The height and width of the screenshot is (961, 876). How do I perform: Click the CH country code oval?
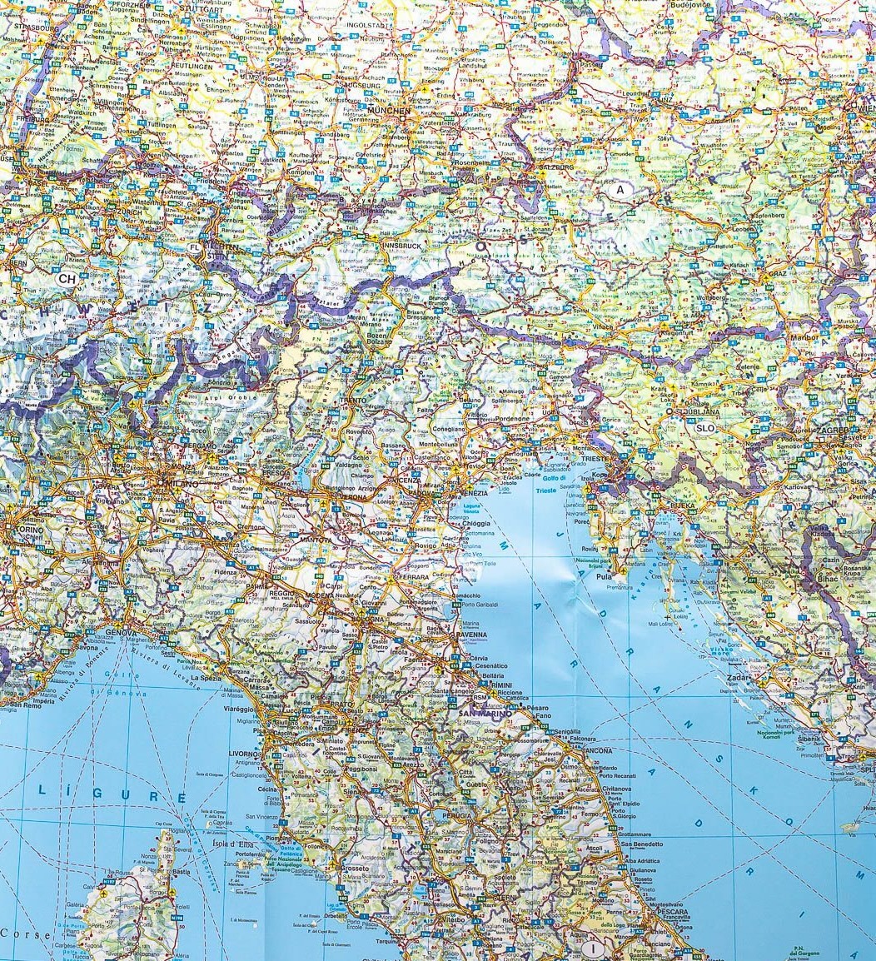click(67, 279)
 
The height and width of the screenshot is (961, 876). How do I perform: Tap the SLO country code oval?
click(704, 428)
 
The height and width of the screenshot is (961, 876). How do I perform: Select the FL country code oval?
click(195, 248)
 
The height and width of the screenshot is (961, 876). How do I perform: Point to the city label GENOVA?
click(122, 633)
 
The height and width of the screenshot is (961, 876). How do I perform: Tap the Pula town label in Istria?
click(605, 575)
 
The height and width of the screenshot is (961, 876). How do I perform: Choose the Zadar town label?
click(739, 679)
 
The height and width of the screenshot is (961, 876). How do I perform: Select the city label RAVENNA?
click(471, 635)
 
